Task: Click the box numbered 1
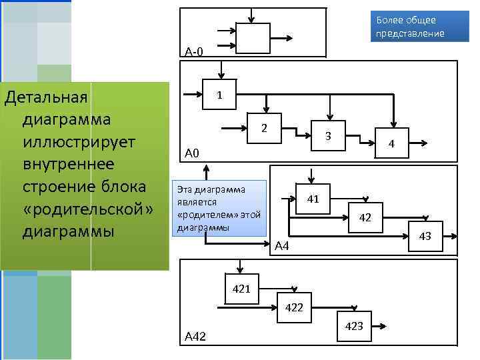coord(219,95)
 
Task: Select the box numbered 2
coord(263,127)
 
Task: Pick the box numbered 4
coord(392,143)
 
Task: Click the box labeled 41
coord(313,199)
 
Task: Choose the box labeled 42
coord(365,217)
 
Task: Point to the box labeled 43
coord(425,237)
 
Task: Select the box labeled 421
coord(241,289)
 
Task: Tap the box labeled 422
coord(293,307)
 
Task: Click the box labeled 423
coord(354,326)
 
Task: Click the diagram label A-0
coord(195,52)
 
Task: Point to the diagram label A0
coord(192,155)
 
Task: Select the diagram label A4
coord(282,247)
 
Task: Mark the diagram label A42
coord(195,338)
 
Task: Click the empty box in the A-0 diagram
coord(253,38)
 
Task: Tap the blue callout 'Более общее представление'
coord(410,27)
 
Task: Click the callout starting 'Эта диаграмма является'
coord(219,207)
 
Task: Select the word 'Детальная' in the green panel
coord(46,97)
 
